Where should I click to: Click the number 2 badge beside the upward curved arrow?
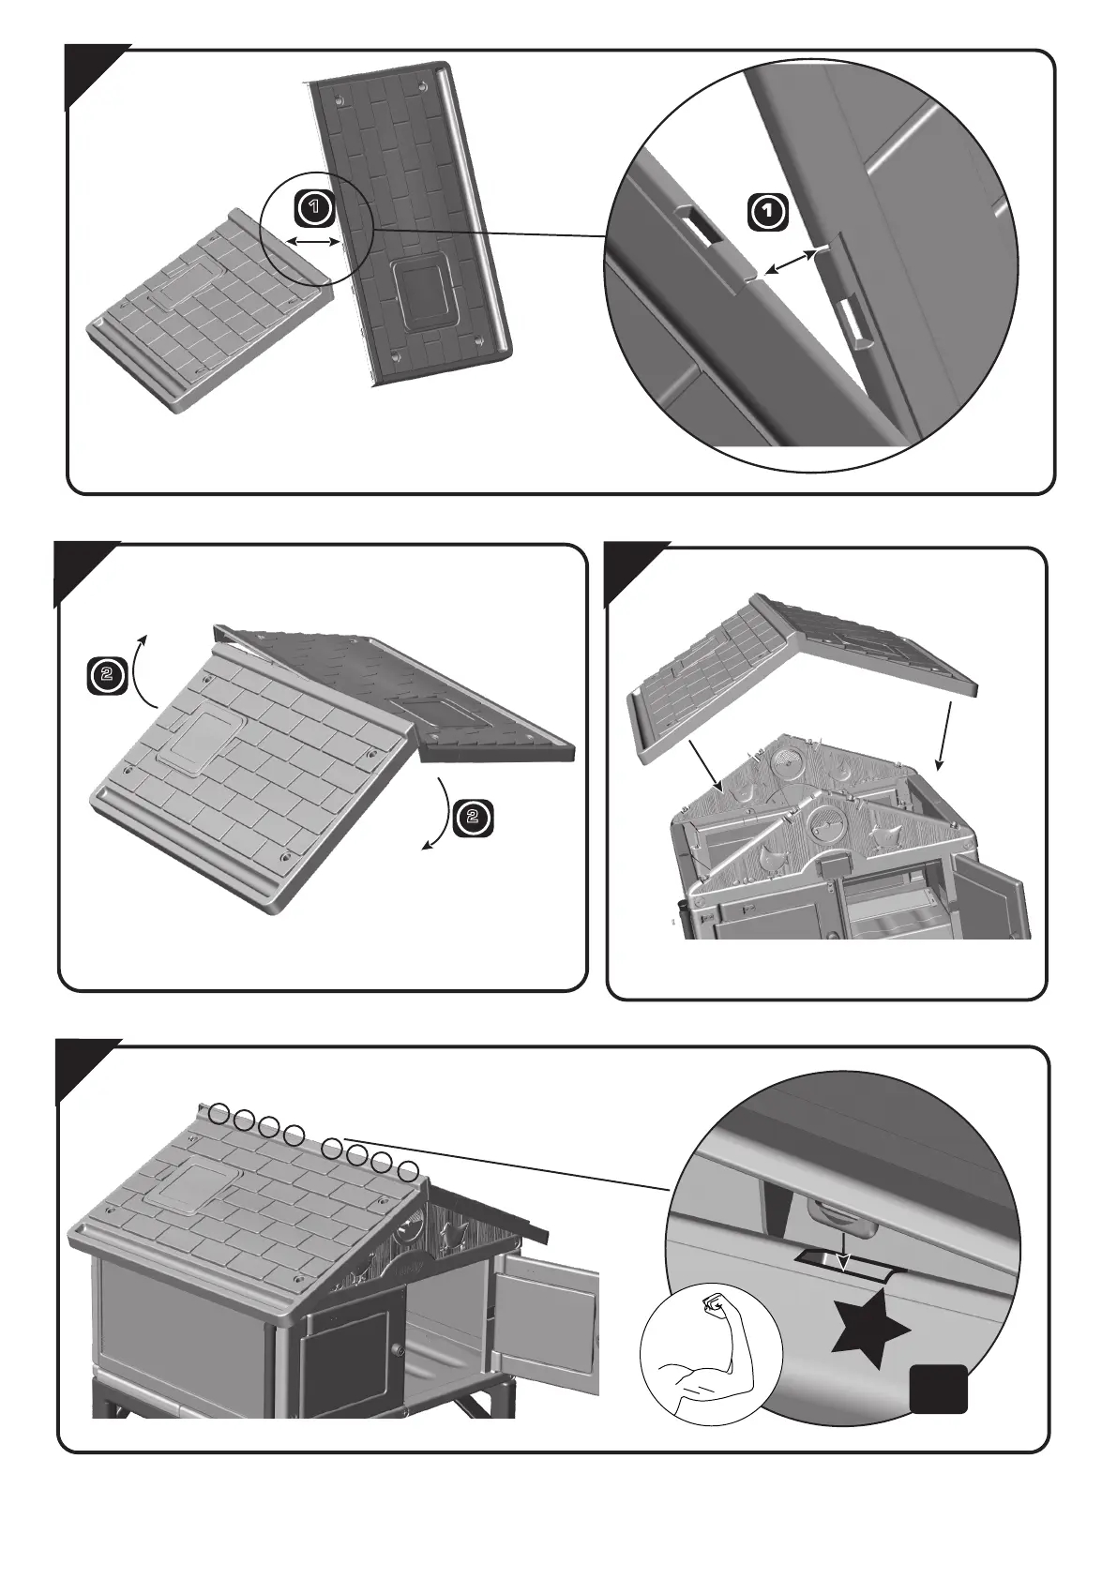(x=107, y=676)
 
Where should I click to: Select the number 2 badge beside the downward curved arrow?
(x=473, y=817)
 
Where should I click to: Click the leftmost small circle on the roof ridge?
(x=218, y=1113)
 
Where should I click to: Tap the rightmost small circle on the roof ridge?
(x=408, y=1171)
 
